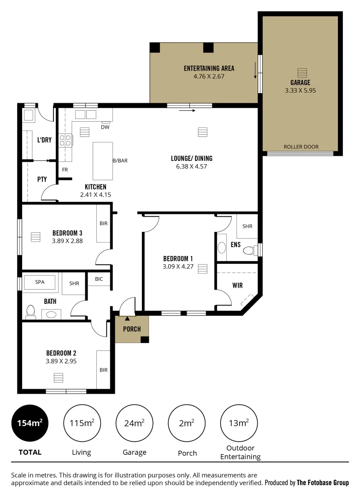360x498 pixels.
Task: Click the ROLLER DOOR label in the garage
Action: (x=301, y=147)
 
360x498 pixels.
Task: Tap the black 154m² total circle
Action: (x=30, y=423)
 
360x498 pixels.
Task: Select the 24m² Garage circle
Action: (x=134, y=423)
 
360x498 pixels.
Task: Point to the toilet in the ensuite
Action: (x=249, y=250)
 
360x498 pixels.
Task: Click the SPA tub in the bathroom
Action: (x=40, y=283)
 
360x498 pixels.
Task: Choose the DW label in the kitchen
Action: (x=105, y=127)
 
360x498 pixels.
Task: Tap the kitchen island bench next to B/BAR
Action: (x=102, y=161)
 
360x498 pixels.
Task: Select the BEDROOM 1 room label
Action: (x=178, y=259)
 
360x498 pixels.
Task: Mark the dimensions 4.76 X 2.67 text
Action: (x=209, y=76)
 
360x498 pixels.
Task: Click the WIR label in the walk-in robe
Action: (x=237, y=285)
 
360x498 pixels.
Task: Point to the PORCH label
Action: (x=131, y=329)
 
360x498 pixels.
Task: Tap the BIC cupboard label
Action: (x=99, y=279)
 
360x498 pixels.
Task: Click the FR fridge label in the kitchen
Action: (x=65, y=170)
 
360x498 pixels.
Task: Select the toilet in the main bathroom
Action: (x=31, y=312)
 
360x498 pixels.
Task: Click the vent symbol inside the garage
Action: (x=301, y=73)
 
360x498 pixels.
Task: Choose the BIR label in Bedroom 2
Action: (x=103, y=369)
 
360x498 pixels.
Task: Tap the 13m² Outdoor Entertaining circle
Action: (x=239, y=423)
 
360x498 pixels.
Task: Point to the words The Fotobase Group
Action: (x=323, y=483)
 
